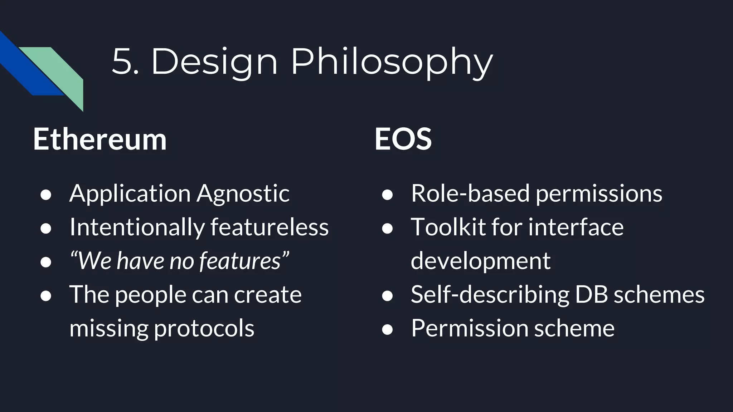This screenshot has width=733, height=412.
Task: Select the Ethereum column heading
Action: (100, 139)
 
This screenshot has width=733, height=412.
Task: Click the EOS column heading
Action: (403, 139)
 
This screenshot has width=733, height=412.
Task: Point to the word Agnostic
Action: (243, 193)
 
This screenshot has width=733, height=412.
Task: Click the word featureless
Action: (269, 227)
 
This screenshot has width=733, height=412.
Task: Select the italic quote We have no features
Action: (179, 261)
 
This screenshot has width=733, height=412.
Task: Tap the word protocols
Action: (204, 328)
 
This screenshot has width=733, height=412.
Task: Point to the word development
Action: (480, 261)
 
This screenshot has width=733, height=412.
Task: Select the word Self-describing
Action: (490, 295)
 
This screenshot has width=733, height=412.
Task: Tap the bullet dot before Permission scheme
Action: (387, 329)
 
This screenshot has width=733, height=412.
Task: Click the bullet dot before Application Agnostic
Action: (46, 195)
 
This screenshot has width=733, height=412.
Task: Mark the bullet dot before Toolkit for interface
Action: (387, 229)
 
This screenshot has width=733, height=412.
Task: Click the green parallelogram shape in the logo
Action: (61, 72)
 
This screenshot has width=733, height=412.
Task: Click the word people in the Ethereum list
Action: (150, 295)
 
